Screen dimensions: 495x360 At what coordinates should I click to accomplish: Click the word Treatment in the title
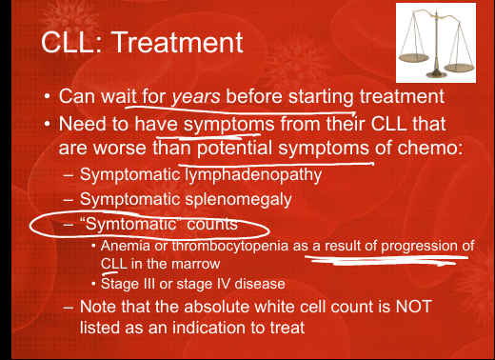pyautogui.click(x=178, y=42)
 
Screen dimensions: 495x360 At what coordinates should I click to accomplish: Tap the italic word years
pyautogui.click(x=196, y=97)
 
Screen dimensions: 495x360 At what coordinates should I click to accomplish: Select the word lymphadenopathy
pyautogui.click(x=253, y=175)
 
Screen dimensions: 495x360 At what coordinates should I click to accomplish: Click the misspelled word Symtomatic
pyautogui.click(x=129, y=224)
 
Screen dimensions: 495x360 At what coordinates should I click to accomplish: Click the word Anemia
pyautogui.click(x=126, y=246)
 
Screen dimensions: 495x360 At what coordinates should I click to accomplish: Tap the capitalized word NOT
pyautogui.click(x=414, y=307)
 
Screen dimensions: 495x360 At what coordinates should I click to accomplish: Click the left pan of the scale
pyautogui.click(x=414, y=58)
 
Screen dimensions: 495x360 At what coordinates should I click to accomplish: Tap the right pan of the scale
pyautogui.click(x=459, y=68)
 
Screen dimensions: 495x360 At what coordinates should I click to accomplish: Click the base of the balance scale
pyautogui.click(x=436, y=74)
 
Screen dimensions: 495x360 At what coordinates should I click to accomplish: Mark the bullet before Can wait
pyautogui.click(x=48, y=96)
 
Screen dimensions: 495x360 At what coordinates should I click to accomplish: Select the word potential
pyautogui.click(x=234, y=149)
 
